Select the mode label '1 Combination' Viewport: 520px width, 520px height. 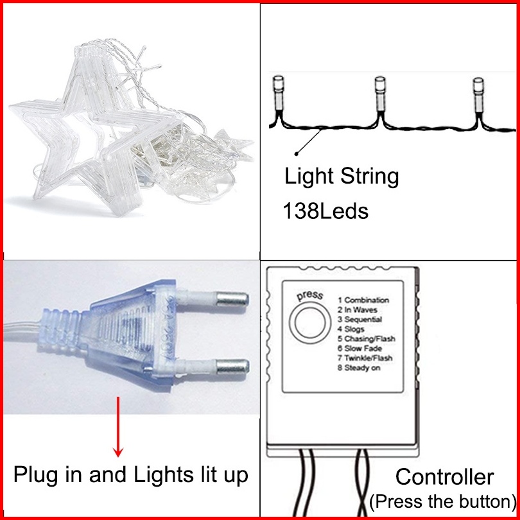click(367, 300)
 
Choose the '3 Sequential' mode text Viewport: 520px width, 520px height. click(363, 319)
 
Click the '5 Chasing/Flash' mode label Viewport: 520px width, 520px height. click(370, 339)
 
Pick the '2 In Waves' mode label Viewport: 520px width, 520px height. click(362, 309)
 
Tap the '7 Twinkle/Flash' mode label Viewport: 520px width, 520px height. click(368, 358)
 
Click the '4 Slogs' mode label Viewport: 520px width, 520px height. click(354, 329)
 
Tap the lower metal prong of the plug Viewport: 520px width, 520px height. click(231, 368)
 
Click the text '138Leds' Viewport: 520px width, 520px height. click(325, 211)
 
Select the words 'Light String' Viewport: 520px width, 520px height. click(342, 176)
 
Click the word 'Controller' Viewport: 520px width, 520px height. click(444, 477)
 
